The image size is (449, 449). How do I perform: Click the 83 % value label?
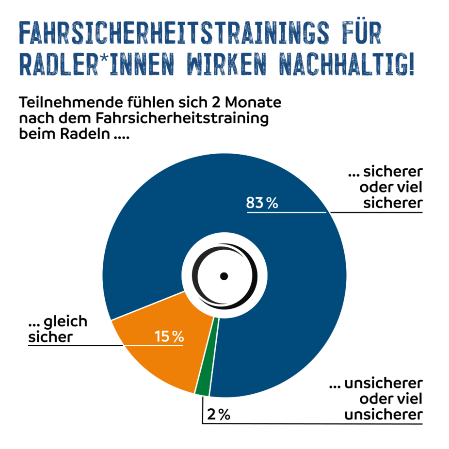click(262, 203)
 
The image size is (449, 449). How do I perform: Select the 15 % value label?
click(169, 336)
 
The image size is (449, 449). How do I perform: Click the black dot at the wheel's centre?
click(224, 276)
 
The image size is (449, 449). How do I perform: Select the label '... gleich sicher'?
click(57, 329)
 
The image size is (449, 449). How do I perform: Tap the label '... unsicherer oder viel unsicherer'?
click(376, 400)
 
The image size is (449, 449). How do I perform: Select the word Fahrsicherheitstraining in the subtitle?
click(182, 119)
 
